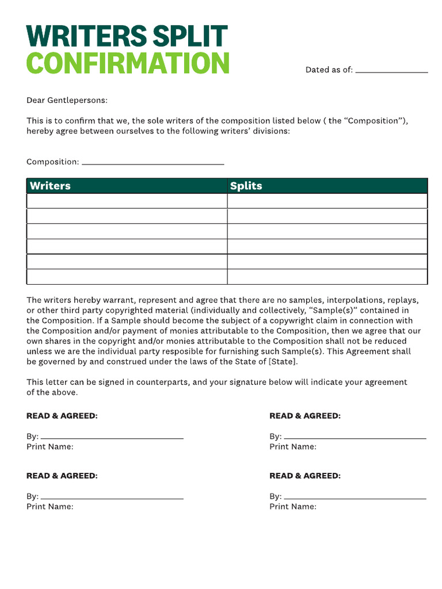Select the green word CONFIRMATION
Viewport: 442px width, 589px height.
128,63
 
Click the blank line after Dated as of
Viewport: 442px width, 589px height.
391,71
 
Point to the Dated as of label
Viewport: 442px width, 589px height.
329,70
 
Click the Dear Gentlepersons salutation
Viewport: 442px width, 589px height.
67,101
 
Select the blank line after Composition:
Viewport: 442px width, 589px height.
153,163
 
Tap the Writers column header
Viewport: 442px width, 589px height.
50,186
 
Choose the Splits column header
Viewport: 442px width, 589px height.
246,186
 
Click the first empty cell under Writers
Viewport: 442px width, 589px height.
127,201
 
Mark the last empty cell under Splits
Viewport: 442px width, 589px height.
327,277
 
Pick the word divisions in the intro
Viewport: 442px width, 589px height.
270,131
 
